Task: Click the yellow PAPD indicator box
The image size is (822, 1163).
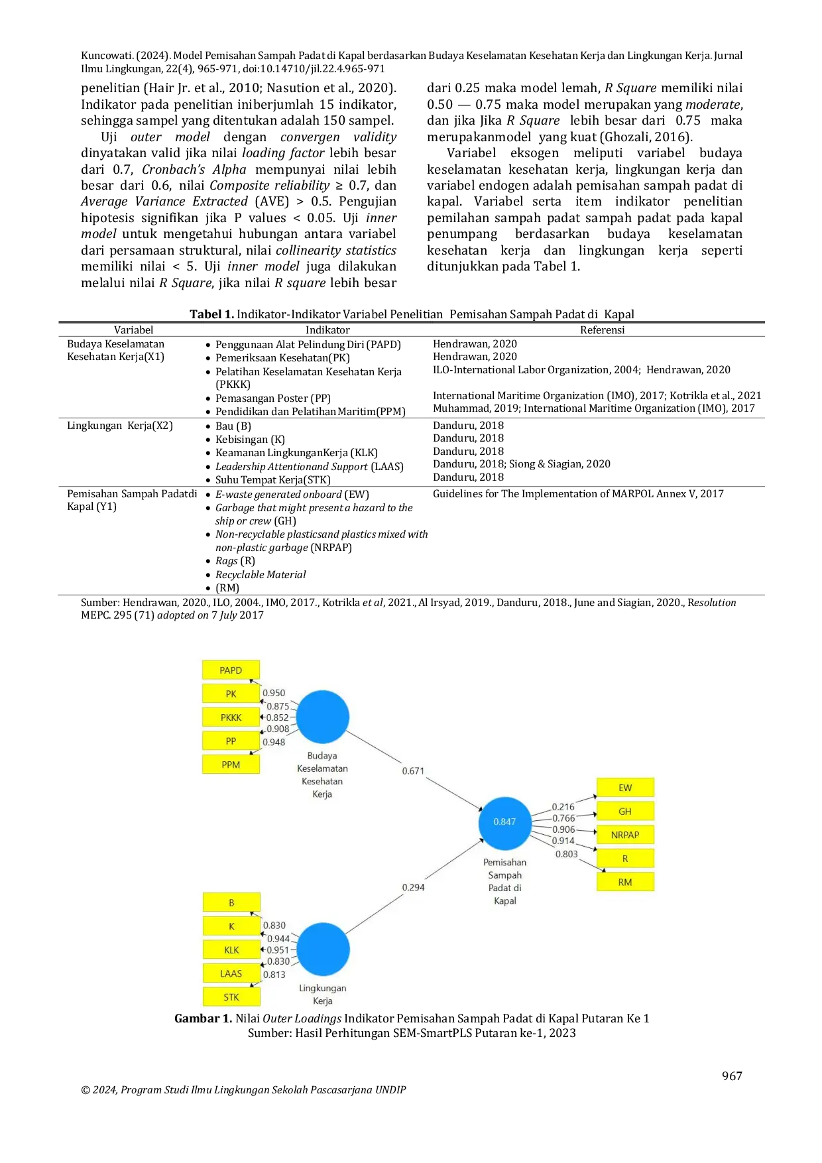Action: pos(231,670)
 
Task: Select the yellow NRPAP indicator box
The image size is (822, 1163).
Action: pos(625,835)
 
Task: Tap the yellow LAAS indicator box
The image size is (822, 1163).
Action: pos(231,973)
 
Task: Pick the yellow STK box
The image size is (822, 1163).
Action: pos(231,997)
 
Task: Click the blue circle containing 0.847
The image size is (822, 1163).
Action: pos(505,823)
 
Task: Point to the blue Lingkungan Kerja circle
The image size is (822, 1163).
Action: pos(323,949)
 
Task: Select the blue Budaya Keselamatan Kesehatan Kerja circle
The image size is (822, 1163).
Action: pos(322,717)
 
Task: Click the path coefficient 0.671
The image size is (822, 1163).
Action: pos(413,770)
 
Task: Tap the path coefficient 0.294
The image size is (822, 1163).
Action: pos(413,887)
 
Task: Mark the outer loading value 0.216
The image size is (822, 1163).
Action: pos(563,807)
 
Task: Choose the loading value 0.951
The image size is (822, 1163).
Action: pos(278,950)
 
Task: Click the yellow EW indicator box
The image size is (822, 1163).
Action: pos(625,788)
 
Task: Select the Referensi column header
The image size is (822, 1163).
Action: pos(602,330)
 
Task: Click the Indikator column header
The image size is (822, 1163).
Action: pos(327,330)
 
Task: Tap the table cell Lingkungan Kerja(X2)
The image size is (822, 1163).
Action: pos(120,426)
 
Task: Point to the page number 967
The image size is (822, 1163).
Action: pos(732,1075)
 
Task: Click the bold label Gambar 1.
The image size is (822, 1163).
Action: pos(203,1018)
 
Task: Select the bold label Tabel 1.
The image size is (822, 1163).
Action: pos(212,314)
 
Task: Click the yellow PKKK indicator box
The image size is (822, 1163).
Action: pos(231,717)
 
